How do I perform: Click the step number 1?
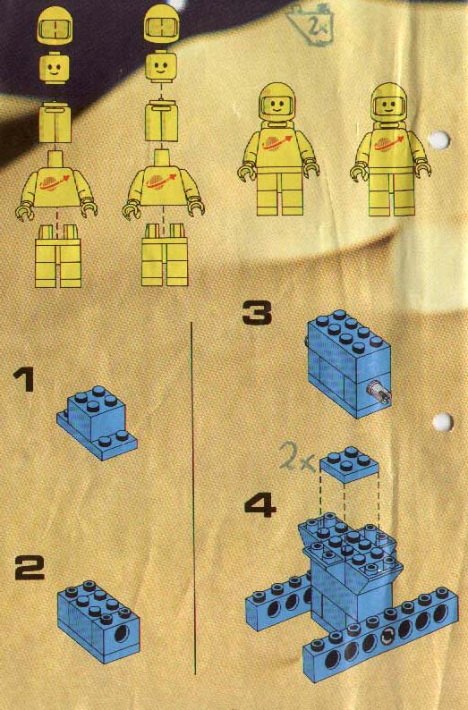pos(24,379)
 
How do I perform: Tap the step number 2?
pos(30,569)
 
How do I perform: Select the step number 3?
pos(257,313)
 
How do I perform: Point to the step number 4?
pos(260,505)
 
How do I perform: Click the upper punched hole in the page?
pos(440,139)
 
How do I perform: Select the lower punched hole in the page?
pos(442,421)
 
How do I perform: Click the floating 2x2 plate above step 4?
pos(349,464)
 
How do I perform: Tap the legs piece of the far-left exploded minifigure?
pos(58,256)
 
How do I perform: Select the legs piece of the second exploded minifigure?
pos(165,255)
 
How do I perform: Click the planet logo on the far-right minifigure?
pos(388,144)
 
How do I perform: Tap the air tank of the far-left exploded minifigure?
pos(55,123)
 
